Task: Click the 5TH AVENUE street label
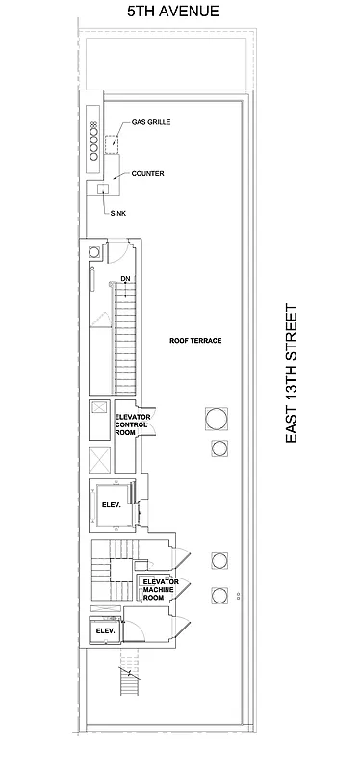click(x=174, y=12)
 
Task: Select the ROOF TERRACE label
click(x=195, y=342)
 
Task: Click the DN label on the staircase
click(x=125, y=280)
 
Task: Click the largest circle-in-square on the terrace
click(x=217, y=418)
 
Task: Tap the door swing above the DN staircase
click(x=116, y=253)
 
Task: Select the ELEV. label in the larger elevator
click(x=108, y=504)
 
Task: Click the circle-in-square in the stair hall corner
click(x=94, y=252)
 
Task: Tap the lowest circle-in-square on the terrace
click(x=219, y=595)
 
